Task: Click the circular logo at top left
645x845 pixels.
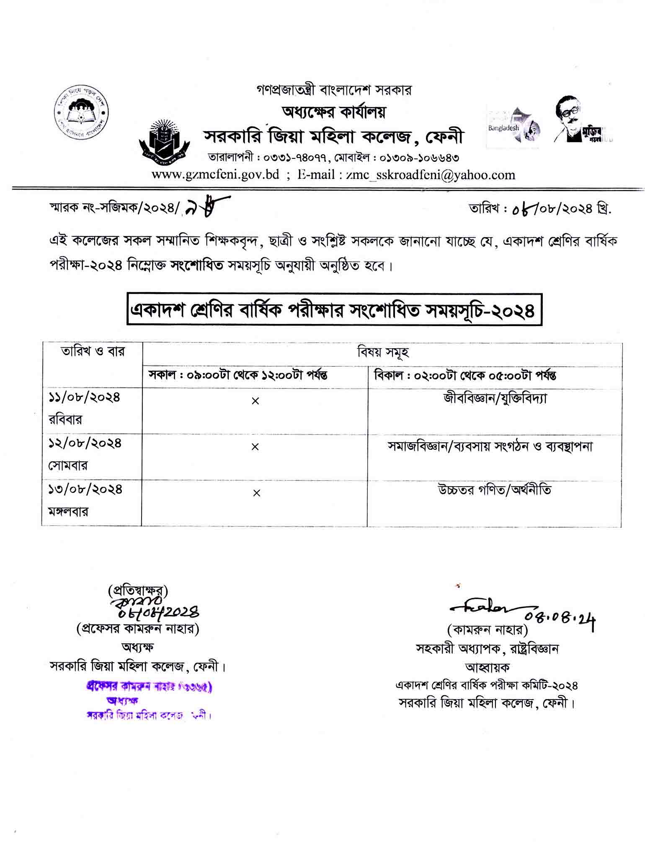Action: click(x=82, y=112)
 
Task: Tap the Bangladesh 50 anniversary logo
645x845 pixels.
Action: click(x=513, y=127)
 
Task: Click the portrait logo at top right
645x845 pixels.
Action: click(x=579, y=121)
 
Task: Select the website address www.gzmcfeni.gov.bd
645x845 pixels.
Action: click(x=215, y=175)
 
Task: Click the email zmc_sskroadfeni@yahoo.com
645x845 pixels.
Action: click(x=431, y=175)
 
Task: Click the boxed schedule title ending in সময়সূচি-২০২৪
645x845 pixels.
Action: click(x=334, y=310)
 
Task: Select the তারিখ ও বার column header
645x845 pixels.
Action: click(x=93, y=351)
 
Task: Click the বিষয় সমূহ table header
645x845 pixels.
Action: click(x=383, y=353)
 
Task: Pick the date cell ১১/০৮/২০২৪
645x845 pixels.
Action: click(x=84, y=397)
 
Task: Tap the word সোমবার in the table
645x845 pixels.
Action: click(x=68, y=465)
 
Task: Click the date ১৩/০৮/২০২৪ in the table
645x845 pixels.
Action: click(x=85, y=489)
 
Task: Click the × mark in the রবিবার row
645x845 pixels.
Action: click(x=255, y=401)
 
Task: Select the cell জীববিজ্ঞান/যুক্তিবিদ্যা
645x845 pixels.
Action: click(x=495, y=398)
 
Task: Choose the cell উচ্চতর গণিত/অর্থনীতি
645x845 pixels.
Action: click(x=494, y=489)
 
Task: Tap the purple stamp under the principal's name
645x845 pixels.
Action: click(x=149, y=700)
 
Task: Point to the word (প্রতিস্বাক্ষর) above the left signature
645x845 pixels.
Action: click(x=138, y=591)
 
